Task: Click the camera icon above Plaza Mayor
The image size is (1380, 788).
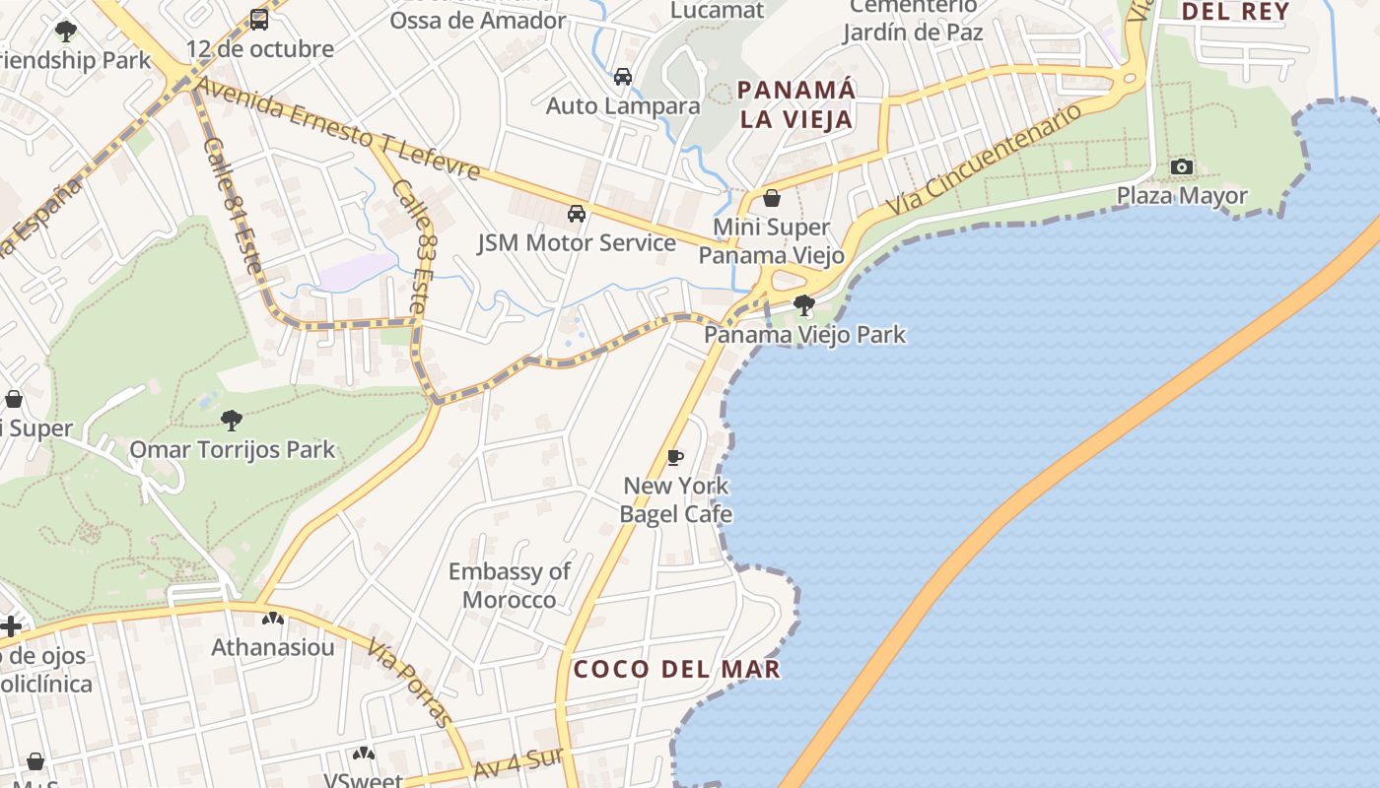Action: (x=1181, y=167)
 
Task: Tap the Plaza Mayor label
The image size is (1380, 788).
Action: (x=1181, y=196)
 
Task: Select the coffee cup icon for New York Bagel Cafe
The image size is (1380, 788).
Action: (x=675, y=457)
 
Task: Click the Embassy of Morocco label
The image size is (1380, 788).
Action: (x=509, y=585)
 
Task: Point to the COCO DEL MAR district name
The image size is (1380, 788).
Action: (x=676, y=670)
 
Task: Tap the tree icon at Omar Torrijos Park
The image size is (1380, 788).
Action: (x=232, y=422)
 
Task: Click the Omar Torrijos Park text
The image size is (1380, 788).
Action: (x=233, y=451)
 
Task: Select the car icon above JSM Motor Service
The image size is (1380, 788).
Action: (x=577, y=214)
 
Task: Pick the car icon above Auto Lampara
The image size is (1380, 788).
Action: (x=623, y=77)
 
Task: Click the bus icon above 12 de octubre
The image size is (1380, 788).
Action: (x=259, y=20)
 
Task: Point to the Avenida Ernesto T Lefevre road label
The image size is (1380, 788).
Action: (x=338, y=129)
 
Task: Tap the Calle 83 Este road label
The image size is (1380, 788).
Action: (x=412, y=246)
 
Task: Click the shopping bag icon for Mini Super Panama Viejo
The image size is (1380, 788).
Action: (x=772, y=199)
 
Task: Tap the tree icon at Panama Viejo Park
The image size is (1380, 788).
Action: (x=804, y=305)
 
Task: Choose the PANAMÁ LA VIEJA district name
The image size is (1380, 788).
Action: (x=796, y=104)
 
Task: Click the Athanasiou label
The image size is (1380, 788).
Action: (x=273, y=647)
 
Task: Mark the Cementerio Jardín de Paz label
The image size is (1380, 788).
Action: (x=913, y=19)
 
